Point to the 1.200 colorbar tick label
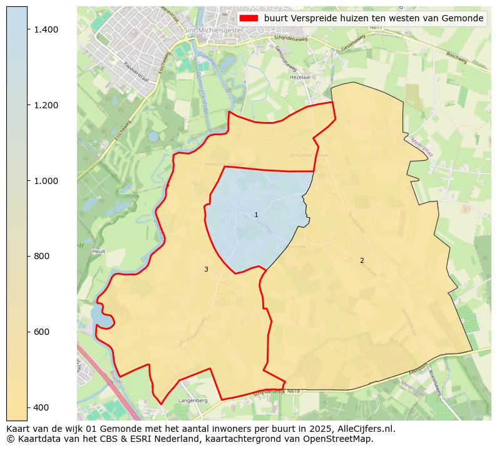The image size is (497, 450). point(46,105)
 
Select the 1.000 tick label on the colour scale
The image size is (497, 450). point(46,181)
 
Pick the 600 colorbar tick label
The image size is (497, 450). point(42,332)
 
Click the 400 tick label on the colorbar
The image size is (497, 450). point(42,407)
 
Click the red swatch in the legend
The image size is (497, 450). point(248,18)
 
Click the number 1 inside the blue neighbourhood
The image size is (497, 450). point(256,215)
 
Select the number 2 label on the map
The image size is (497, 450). point(362,260)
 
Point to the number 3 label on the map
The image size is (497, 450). point(206,269)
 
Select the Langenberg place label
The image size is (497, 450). point(193,400)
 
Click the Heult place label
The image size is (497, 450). point(98,251)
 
